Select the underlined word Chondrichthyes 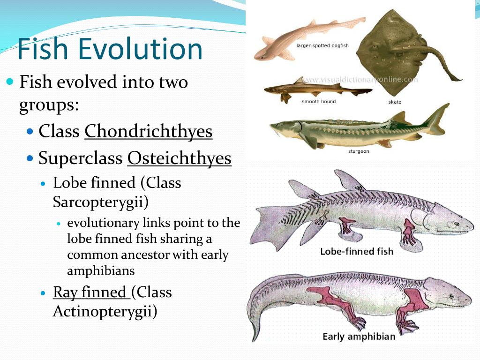148,131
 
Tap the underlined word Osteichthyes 179,158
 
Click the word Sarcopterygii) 100,202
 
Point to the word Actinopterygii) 105,311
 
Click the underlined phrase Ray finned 90,292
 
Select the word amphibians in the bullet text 101,270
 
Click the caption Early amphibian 359,337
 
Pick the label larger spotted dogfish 322,46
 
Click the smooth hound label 318,101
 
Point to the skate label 395,102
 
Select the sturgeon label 358,151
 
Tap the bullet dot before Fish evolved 10,82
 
